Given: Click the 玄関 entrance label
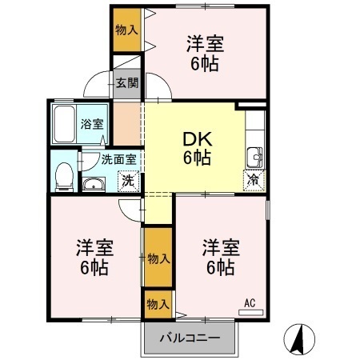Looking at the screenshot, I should tap(126, 82).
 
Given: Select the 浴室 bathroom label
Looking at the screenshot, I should tap(92, 124).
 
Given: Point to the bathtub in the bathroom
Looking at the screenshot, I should tap(64, 124).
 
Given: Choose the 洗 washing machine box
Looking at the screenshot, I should tap(126, 182).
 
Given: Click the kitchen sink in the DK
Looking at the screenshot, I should tap(254, 155).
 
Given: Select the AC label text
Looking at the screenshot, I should tap(249, 302).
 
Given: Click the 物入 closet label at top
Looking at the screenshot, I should tap(126, 30).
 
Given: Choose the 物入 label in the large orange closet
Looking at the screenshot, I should tap(158, 258).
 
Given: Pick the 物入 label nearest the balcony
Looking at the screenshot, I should tap(158, 304).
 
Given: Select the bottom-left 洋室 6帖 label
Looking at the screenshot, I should tap(94, 257).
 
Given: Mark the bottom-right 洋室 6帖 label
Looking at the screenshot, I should tap(218, 257).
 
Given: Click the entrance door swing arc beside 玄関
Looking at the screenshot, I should tap(99, 83).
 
